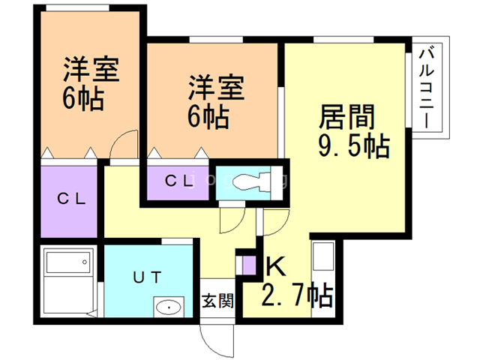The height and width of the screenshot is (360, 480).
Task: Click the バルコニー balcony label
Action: tap(427, 88)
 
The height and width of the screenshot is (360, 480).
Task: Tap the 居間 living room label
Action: tap(346, 116)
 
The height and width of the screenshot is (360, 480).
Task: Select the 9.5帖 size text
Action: tap(354, 145)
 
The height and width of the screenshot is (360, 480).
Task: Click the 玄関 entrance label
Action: tap(217, 300)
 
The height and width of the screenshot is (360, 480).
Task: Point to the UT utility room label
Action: tap(147, 277)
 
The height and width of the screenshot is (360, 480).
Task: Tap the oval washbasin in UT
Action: tap(168, 307)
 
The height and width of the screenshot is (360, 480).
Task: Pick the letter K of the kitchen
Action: tap(276, 266)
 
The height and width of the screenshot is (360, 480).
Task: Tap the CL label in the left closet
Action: tap(71, 199)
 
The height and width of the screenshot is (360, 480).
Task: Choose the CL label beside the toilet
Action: tap(178, 181)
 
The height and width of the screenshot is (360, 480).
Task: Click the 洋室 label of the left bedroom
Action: tap(91, 69)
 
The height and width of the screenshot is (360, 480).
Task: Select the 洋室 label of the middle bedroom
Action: tap(216, 88)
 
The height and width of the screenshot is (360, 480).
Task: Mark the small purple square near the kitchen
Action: tap(249, 265)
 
